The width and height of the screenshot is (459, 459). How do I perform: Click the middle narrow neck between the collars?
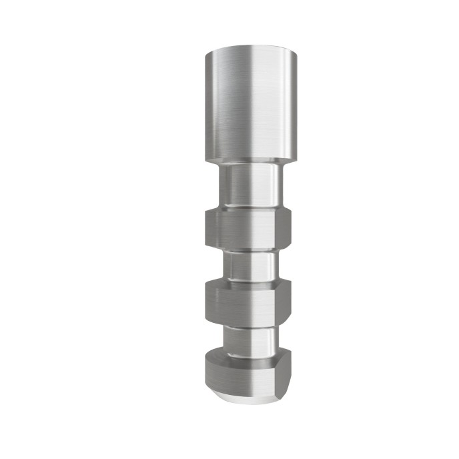pos(250,264)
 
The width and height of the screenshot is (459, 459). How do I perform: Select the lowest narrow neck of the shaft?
pos(250,338)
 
